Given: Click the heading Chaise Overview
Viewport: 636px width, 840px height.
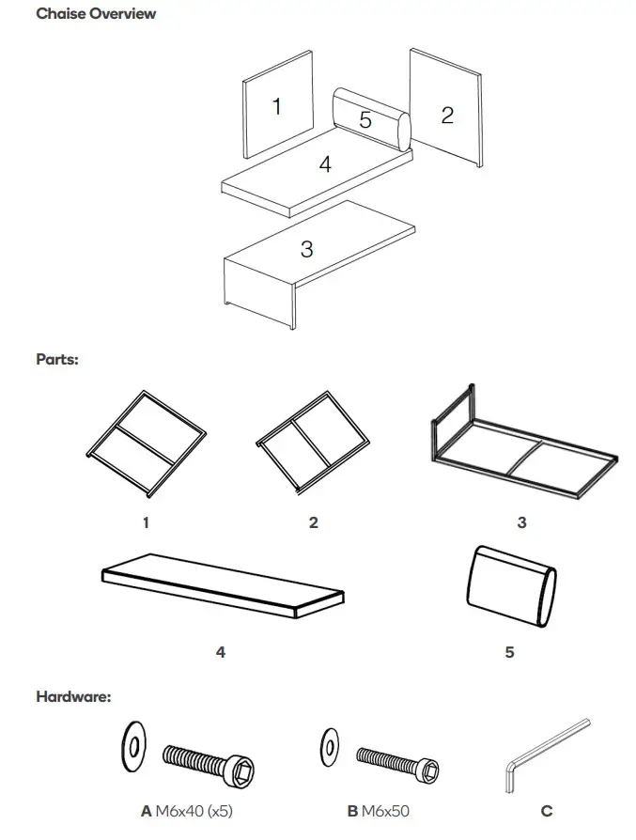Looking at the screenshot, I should (96, 14).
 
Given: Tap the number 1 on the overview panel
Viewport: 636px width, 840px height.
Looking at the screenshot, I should (276, 106).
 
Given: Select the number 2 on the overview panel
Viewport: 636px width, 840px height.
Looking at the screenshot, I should (447, 115).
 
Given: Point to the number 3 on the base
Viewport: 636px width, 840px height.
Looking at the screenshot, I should (306, 249).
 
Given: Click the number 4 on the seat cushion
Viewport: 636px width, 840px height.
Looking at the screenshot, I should (325, 164).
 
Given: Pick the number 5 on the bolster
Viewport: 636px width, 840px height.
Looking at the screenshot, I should (365, 120).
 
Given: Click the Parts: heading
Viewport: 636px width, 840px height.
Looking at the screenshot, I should (57, 359).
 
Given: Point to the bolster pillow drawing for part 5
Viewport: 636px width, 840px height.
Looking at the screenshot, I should (510, 588).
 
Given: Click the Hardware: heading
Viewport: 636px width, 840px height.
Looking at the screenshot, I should (73, 697).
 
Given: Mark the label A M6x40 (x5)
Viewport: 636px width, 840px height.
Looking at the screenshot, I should (187, 811).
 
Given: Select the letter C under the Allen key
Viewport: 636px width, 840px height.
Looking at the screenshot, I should (547, 811).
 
